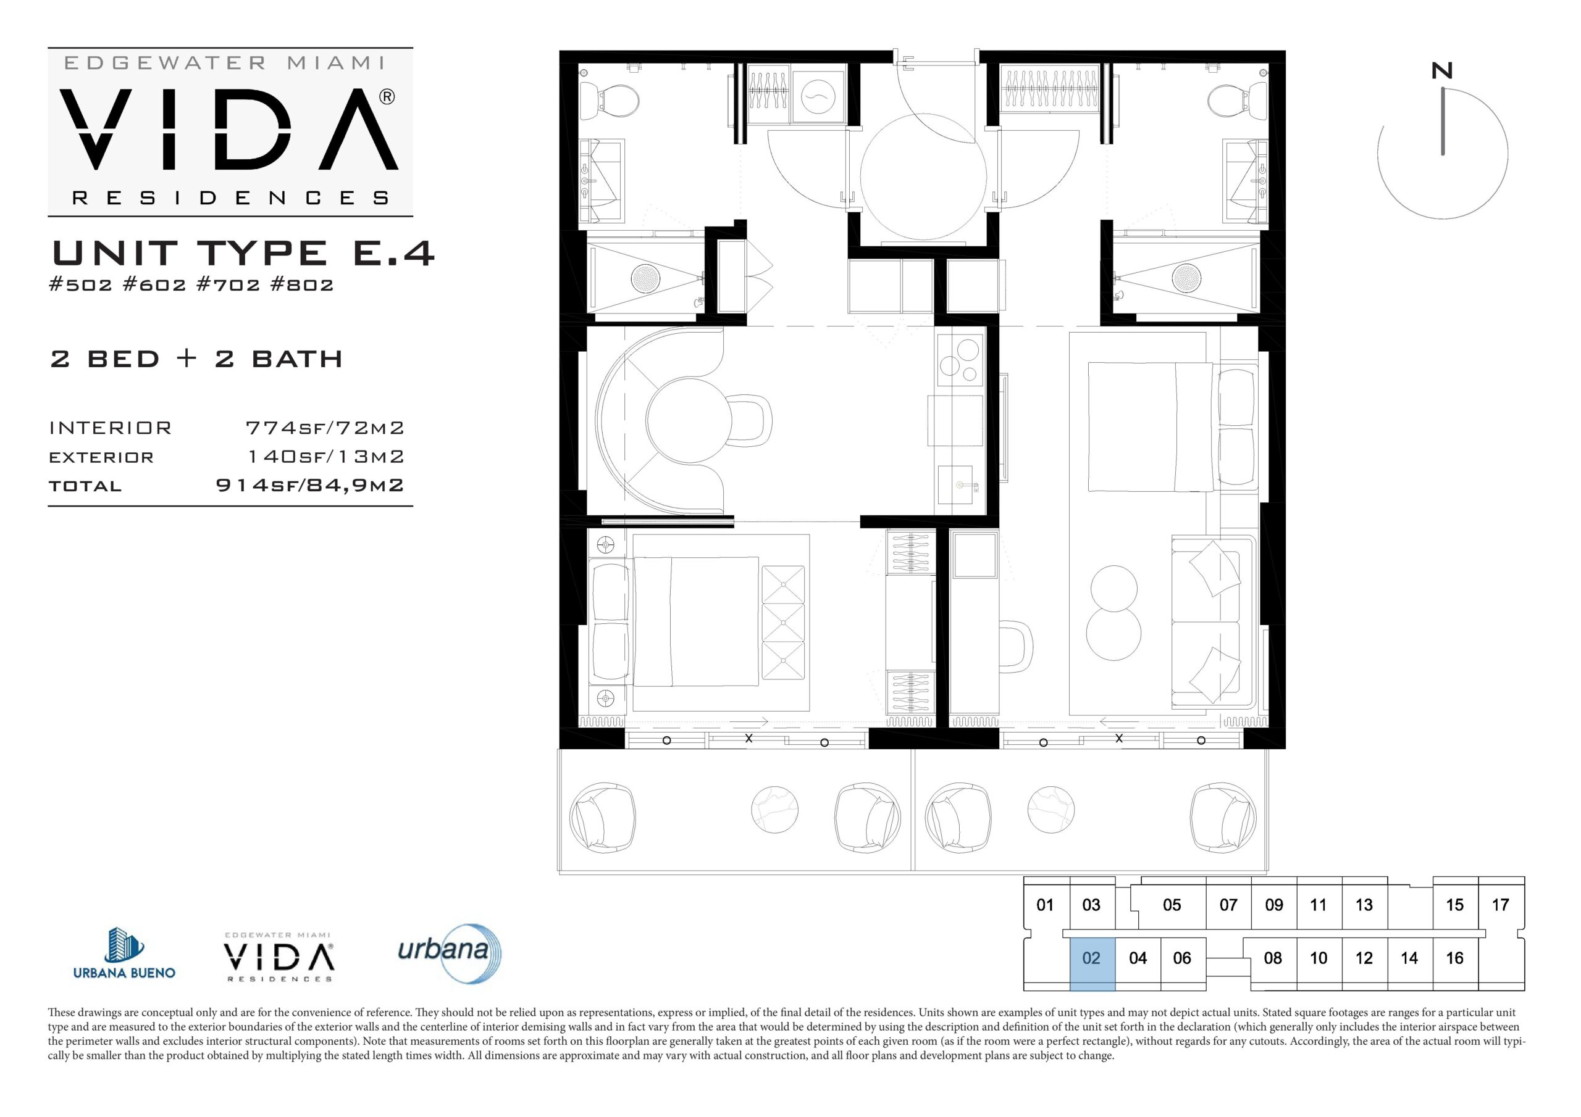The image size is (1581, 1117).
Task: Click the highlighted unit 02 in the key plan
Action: click(1092, 963)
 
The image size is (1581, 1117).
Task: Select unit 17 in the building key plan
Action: click(1501, 905)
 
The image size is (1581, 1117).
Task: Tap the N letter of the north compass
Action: click(1442, 71)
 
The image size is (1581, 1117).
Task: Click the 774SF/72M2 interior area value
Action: click(325, 428)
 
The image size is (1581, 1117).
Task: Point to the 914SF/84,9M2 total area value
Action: click(310, 485)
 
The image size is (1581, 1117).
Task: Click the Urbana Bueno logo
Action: click(124, 953)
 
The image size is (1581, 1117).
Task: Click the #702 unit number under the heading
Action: click(229, 284)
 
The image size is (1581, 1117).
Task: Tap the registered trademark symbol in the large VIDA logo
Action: click(387, 97)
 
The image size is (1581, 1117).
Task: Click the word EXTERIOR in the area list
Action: click(101, 458)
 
